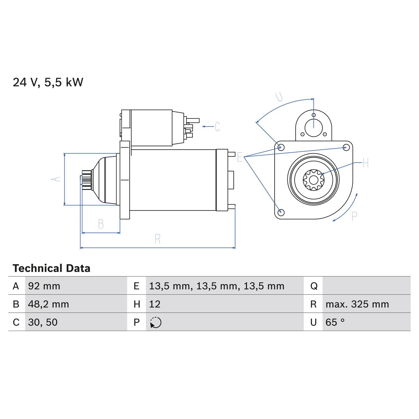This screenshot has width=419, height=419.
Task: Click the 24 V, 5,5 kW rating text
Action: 48,82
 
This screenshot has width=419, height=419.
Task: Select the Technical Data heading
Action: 51,268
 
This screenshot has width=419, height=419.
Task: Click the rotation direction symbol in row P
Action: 156,322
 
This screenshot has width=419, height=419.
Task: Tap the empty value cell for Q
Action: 366,286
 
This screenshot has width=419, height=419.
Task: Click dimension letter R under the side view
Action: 157,239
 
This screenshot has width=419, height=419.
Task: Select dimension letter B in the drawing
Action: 101,224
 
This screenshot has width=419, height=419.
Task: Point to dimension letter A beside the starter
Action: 56,179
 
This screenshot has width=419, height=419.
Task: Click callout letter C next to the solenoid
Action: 217,127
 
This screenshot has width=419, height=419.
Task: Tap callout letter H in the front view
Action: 365,163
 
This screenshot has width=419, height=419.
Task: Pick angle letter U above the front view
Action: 279,97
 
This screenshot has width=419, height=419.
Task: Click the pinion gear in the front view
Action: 313,180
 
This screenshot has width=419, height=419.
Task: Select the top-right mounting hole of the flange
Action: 345,148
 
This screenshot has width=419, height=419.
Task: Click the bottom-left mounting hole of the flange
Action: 281,212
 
